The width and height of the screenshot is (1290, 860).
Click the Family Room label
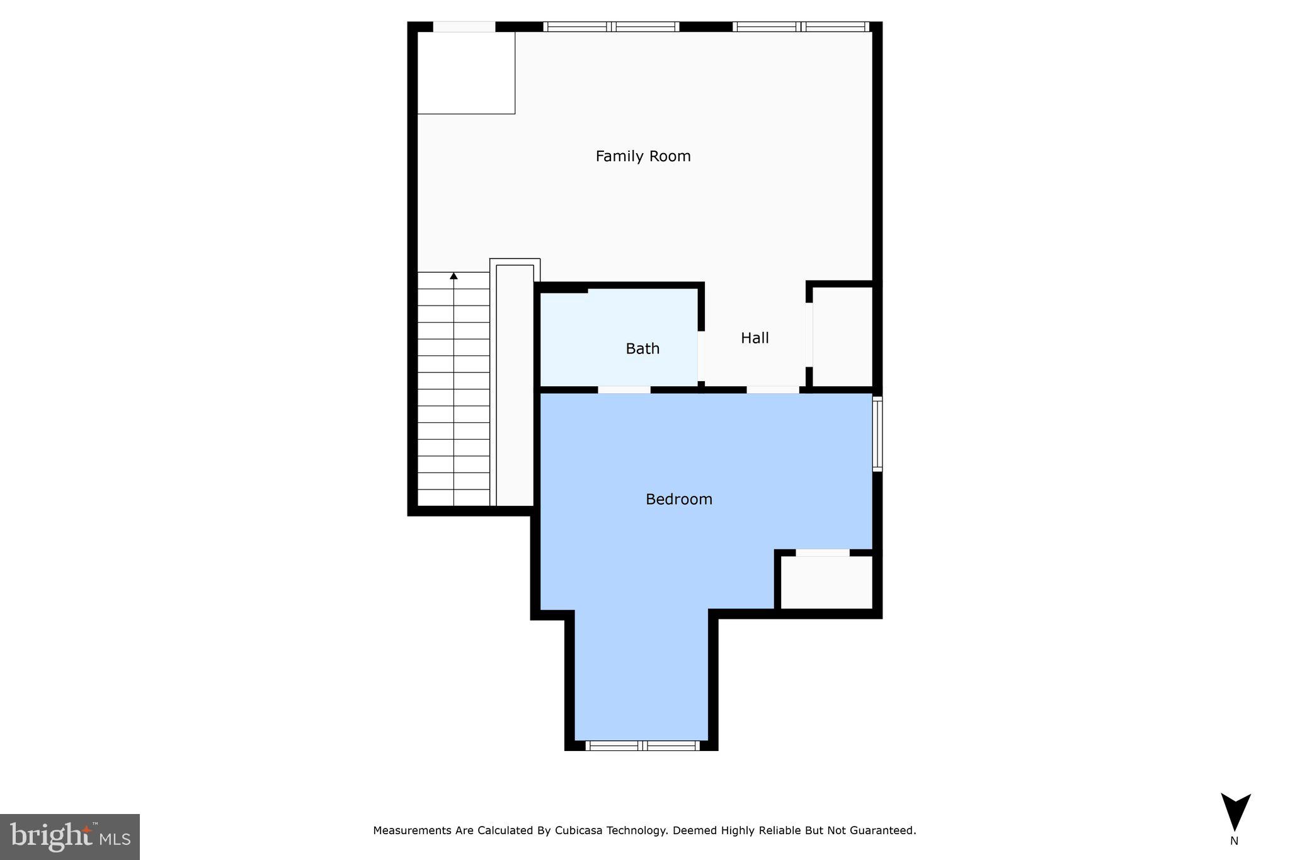point(642,156)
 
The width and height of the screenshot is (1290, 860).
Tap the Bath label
point(642,348)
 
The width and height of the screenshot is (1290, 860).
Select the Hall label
point(755,338)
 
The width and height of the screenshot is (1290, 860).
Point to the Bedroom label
point(678,499)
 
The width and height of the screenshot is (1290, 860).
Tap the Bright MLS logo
point(70,836)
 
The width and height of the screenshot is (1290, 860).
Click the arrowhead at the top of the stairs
point(454,275)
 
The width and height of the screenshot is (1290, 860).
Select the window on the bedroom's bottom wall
point(642,745)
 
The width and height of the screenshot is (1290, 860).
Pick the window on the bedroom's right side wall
point(877,433)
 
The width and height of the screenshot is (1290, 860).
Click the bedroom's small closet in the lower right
point(826,582)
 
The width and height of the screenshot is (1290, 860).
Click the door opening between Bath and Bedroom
point(624,389)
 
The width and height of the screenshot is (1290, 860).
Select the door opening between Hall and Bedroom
point(773,389)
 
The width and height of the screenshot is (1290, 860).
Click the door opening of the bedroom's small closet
point(822,553)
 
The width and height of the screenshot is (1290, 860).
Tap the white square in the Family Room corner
point(466,72)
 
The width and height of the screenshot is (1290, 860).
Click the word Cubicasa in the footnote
point(579,830)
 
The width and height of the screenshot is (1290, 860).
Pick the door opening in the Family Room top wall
point(464,26)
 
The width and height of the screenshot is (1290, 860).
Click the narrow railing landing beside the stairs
point(515,384)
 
